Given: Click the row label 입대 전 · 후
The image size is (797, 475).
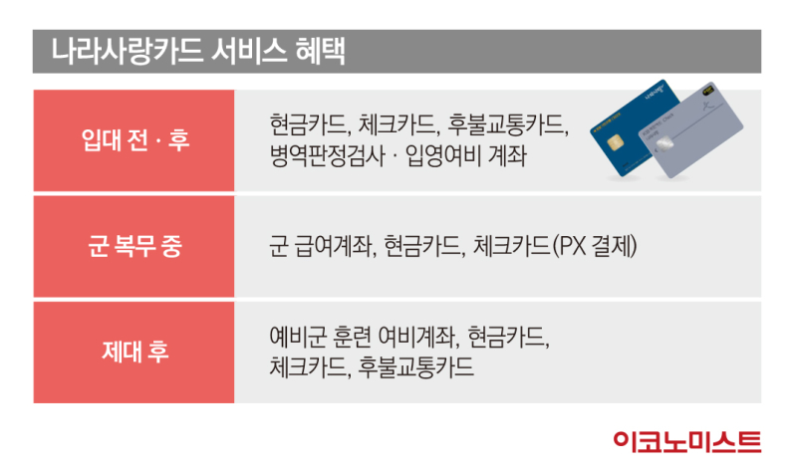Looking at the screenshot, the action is point(135,139).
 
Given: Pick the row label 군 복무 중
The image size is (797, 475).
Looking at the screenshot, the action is point(134,246).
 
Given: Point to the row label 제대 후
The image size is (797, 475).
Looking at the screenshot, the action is point(135,352).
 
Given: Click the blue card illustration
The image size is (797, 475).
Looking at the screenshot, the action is point(631,128).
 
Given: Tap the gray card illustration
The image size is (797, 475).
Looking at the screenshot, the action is point(691,130).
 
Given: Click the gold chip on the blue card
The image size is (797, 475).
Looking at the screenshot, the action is point(615,142).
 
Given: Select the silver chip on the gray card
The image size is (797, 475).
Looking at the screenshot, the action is point(664,143).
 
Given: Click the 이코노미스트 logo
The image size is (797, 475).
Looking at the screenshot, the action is point(687,441).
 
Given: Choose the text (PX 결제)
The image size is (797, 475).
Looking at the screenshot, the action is point(594,246).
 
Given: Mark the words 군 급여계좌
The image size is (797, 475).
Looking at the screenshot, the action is point(322,246).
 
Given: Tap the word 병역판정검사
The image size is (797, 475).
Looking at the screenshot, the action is point(328,156).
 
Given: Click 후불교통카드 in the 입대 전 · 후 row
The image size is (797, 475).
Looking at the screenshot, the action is point(507,124).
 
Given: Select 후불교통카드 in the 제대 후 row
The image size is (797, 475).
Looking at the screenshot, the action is point(415,366).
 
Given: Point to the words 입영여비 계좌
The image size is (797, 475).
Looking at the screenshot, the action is point(465,156).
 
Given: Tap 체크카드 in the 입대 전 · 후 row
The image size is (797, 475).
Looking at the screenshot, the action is point(398,124).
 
